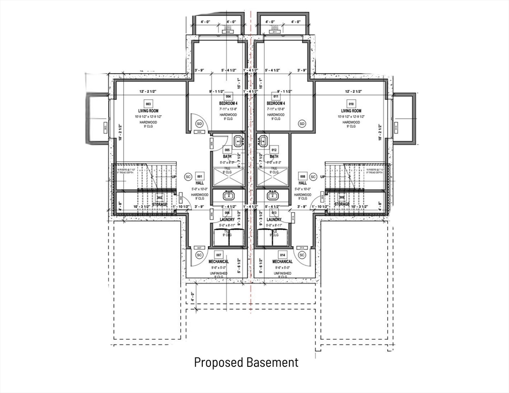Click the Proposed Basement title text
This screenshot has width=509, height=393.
pyautogui.click(x=246, y=362)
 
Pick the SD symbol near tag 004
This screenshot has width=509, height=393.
pyautogui.click(x=200, y=123)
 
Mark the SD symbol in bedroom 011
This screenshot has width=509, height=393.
pyautogui.click(x=302, y=123)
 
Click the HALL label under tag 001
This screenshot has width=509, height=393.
pyautogui.click(x=200, y=183)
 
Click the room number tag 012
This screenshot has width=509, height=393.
pyautogui.click(x=274, y=150)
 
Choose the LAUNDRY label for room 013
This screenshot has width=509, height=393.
pyautogui.click(x=274, y=220)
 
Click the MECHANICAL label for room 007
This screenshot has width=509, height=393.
pyautogui.click(x=219, y=261)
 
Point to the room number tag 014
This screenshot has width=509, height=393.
pyautogui.click(x=282, y=254)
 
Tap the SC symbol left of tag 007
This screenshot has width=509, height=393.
pyautogui.click(x=200, y=254)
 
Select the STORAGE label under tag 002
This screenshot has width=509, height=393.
pyautogui.click(x=159, y=204)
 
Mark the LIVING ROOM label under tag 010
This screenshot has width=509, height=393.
pyautogui.click(x=351, y=111)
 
